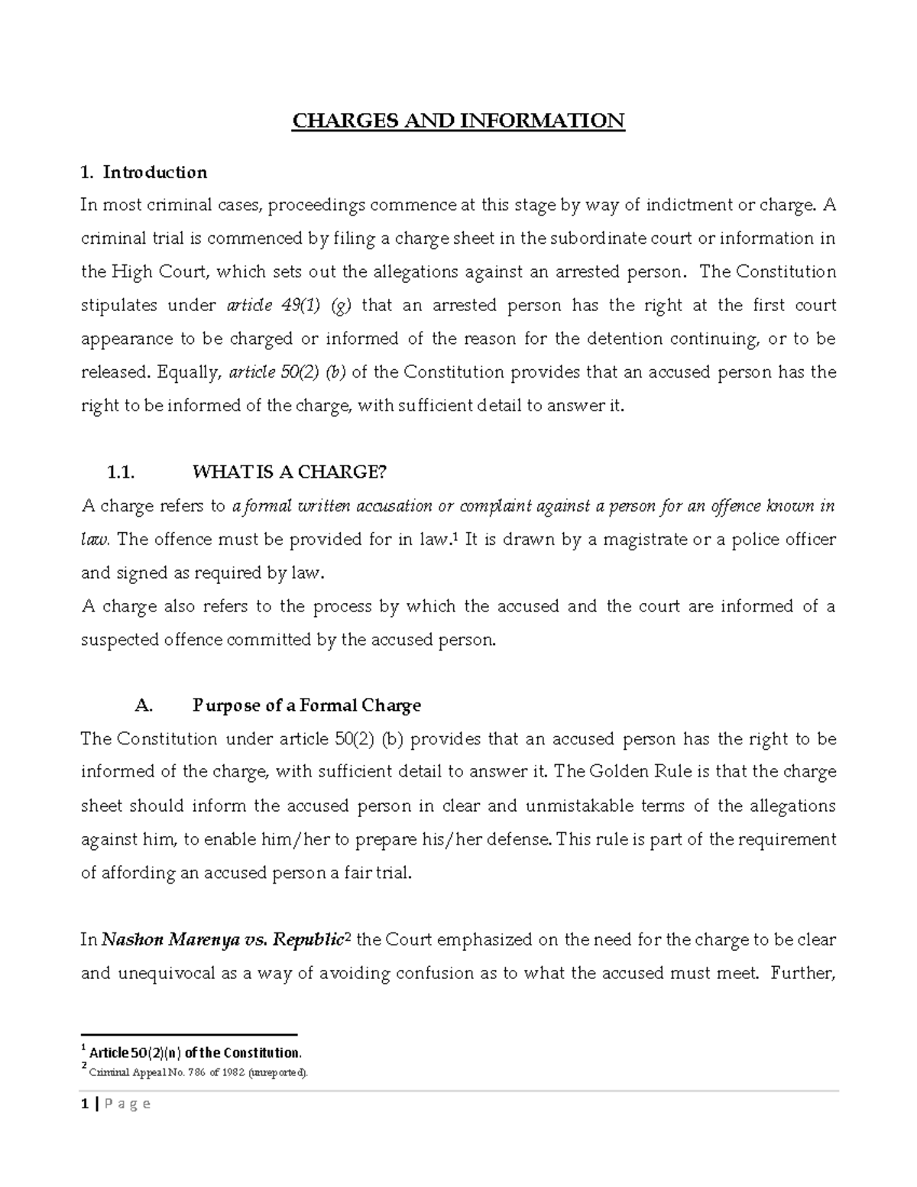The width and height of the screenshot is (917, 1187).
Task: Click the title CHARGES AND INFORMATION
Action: (x=458, y=121)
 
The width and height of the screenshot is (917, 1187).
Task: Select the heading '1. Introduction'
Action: (x=144, y=172)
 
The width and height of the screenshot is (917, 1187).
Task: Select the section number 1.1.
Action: (x=122, y=472)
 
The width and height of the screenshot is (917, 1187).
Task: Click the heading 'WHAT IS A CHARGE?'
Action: (x=290, y=472)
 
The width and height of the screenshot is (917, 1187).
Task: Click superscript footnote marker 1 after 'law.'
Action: (x=456, y=537)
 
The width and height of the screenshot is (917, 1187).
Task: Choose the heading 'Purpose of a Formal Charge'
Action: (x=306, y=705)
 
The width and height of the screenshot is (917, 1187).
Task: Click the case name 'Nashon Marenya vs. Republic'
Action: (x=221, y=940)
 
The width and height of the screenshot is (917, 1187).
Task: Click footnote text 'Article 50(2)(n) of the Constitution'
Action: (x=195, y=1052)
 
